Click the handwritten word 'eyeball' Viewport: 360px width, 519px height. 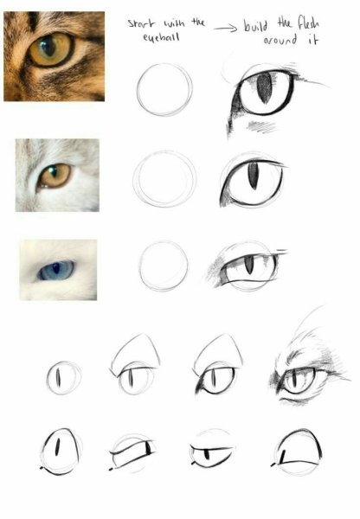coord(161,37)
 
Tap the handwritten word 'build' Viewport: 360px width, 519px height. coord(255,25)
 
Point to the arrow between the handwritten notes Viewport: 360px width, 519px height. coord(226,29)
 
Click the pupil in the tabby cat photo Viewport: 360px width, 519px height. coord(48,47)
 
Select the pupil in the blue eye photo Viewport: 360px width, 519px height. coord(56,268)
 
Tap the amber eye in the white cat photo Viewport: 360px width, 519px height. coord(54,176)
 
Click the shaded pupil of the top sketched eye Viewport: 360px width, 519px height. coord(264,88)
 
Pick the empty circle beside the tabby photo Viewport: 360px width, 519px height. coord(164,89)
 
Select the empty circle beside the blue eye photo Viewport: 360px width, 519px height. coord(164,266)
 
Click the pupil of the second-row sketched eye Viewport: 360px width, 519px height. coord(253,176)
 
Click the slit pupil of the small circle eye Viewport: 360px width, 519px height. coord(58,378)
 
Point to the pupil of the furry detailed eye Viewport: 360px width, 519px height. coord(293,379)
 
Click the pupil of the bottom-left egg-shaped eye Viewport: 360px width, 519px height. coord(57,447)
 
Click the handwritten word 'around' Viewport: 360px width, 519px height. coord(280,41)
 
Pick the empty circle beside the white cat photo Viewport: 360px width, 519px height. coord(164,179)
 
